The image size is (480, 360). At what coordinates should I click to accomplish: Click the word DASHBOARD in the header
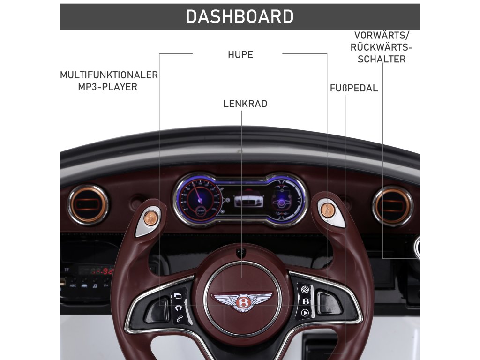[240, 17]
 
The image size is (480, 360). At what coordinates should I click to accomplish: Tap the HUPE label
[240, 55]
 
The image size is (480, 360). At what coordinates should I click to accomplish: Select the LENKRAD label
[245, 104]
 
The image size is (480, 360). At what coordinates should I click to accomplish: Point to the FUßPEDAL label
[353, 89]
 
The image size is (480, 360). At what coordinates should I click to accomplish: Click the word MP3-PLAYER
[108, 87]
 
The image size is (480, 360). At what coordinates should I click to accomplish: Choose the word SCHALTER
[382, 60]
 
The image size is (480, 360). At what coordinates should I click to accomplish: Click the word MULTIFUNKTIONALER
[109, 75]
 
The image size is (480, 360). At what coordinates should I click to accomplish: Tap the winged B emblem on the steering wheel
[242, 300]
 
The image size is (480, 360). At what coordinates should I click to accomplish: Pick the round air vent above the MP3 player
[88, 205]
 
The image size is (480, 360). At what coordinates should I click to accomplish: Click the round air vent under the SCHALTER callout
[393, 206]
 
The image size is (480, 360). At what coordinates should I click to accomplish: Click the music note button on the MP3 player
[95, 285]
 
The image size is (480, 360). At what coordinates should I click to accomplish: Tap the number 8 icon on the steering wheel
[306, 301]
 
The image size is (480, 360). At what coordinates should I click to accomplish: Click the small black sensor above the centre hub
[241, 252]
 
